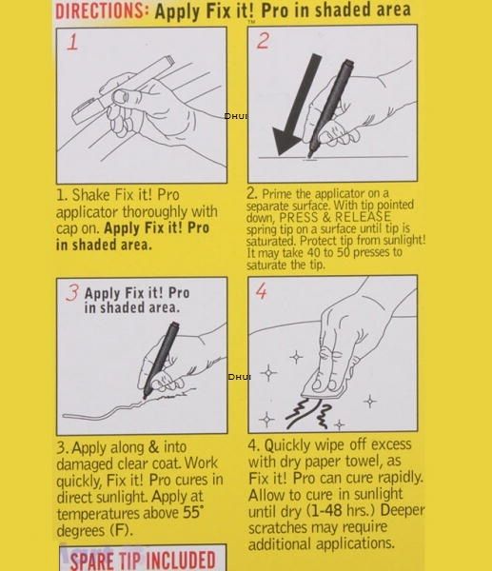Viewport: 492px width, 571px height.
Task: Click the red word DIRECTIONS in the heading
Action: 101,10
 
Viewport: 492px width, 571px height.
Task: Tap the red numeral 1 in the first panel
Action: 72,43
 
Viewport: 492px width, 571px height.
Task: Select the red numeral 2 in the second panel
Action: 263,40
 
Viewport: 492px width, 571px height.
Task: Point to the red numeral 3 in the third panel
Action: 72,293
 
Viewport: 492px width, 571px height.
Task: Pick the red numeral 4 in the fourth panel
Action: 261,291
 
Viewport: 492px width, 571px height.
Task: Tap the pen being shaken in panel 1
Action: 122,89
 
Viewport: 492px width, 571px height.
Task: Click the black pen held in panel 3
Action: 160,360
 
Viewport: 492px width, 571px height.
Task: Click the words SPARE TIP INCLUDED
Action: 143,561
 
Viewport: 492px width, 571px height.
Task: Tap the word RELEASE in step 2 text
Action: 363,217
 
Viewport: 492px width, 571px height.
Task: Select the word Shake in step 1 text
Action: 90,195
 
